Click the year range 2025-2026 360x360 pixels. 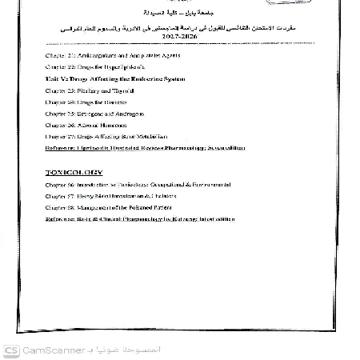(x=179, y=38)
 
